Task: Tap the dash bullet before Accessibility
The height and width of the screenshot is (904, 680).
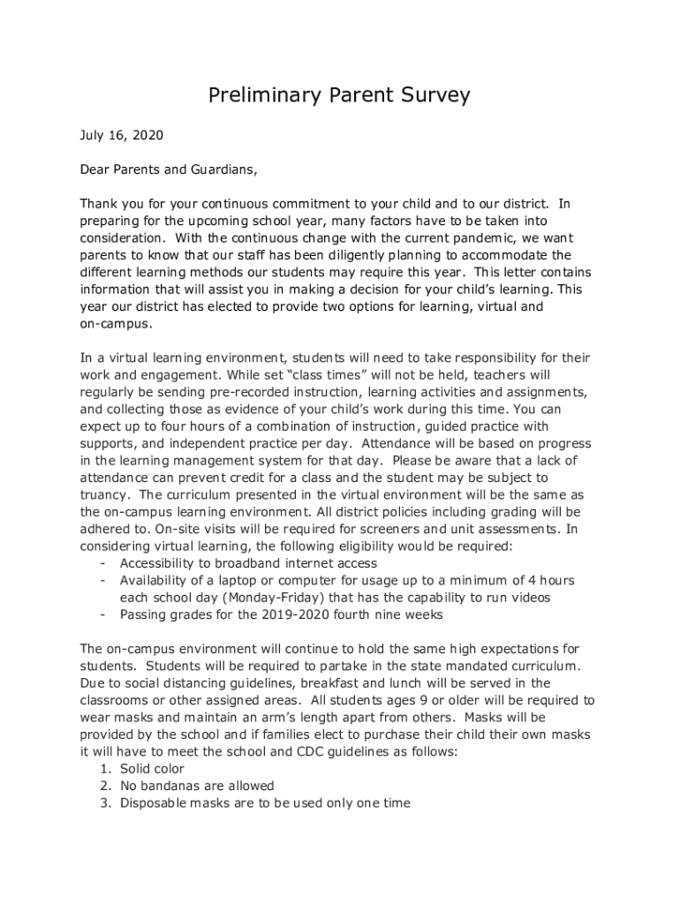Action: point(104,563)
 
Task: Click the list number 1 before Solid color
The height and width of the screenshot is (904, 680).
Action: point(104,769)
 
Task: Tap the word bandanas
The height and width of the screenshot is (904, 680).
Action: point(172,786)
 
